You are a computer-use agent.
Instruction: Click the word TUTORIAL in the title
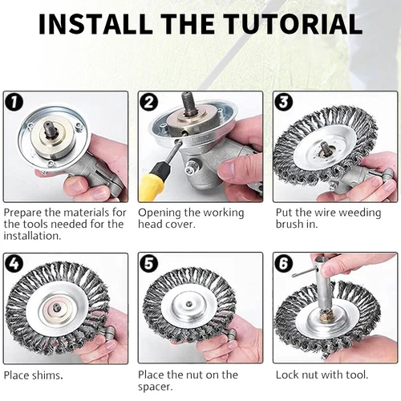pyautogui.click(x=293, y=23)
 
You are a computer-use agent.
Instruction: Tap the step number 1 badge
pyautogui.click(x=14, y=102)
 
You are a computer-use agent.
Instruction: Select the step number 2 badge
pyautogui.click(x=149, y=102)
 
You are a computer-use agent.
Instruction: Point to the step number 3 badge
pyautogui.click(x=284, y=102)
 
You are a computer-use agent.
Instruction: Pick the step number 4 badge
pyautogui.click(x=14, y=264)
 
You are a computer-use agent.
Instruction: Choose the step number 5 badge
pyautogui.click(x=149, y=263)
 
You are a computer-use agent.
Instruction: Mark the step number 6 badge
pyautogui.click(x=284, y=263)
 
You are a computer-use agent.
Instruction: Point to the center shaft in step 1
pyautogui.click(x=50, y=130)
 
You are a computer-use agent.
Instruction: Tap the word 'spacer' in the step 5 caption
pyautogui.click(x=156, y=387)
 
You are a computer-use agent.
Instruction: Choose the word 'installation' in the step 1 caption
pyautogui.click(x=32, y=236)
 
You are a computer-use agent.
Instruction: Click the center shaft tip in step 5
pyautogui.click(x=189, y=303)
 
